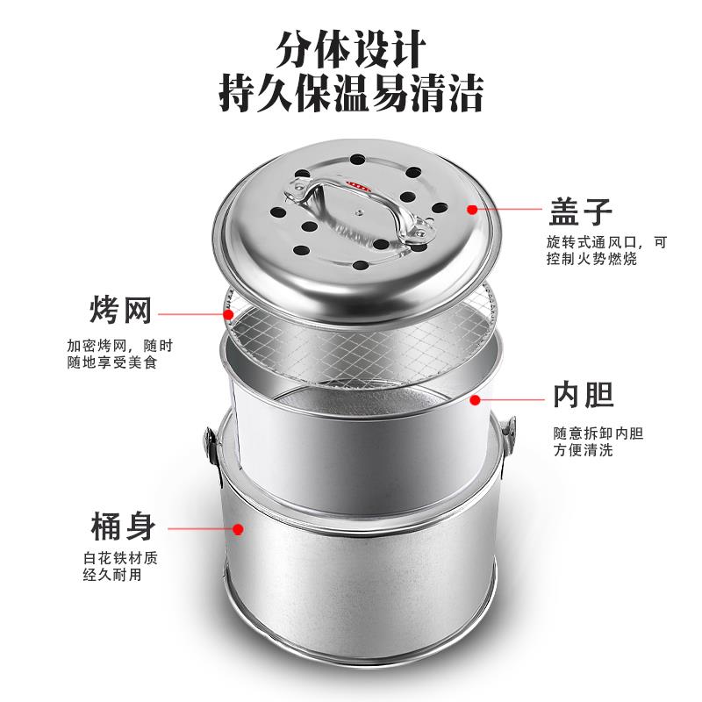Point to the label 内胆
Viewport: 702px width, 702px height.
click(x=582, y=397)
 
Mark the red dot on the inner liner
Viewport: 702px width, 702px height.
click(x=475, y=399)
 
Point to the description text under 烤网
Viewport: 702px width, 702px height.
click(x=114, y=354)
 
